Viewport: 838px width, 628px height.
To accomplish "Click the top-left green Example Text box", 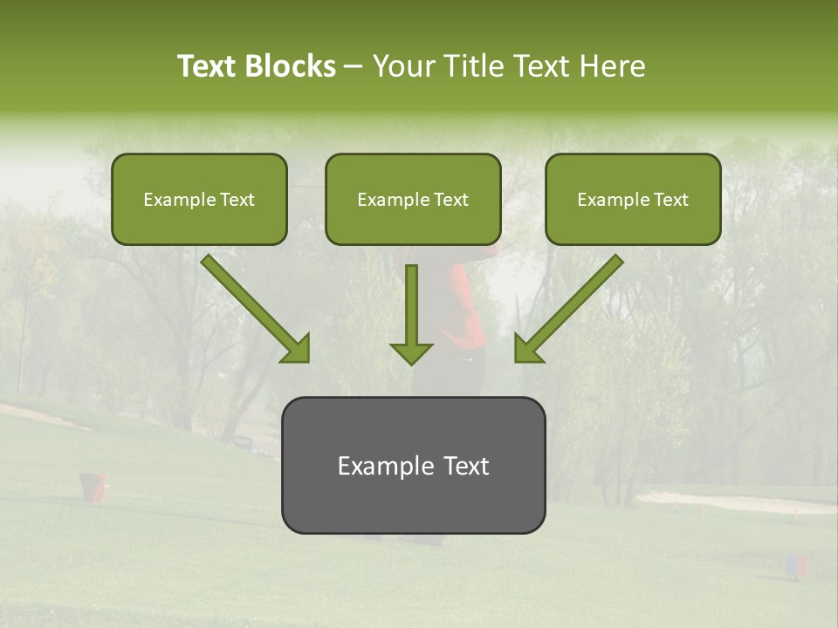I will point(199,200).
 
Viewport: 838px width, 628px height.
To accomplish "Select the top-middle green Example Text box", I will point(413,200).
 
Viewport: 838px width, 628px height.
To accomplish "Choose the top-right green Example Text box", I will point(633,200).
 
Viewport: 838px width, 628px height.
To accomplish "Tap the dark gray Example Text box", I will point(413,466).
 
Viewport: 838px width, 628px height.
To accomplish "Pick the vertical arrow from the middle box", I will point(411,310).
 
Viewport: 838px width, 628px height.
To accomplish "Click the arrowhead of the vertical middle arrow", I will point(411,352).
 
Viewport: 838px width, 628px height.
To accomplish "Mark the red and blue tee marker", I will point(797,566).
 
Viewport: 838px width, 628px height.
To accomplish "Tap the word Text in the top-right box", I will point(670,200).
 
